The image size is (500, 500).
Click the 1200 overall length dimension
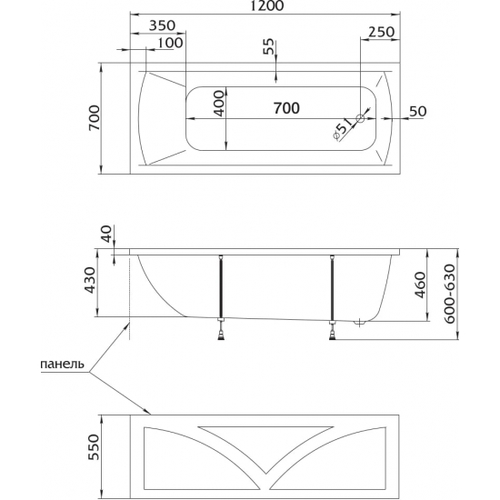pyautogui.click(x=266, y=5)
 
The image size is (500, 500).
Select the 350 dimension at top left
pyautogui.click(x=163, y=25)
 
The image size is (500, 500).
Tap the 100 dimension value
pyautogui.click(x=171, y=43)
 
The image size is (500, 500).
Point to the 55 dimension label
pyautogui.click(x=269, y=46)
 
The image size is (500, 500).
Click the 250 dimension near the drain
pyautogui.click(x=382, y=32)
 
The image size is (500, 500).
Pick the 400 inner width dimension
pyautogui.click(x=219, y=104)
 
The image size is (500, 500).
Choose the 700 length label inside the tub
pyautogui.click(x=286, y=108)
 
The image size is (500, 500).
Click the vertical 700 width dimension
pyautogui.click(x=95, y=117)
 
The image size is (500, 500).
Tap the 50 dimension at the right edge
pyautogui.click(x=418, y=111)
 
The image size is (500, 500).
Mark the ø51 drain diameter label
pyautogui.click(x=342, y=128)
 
